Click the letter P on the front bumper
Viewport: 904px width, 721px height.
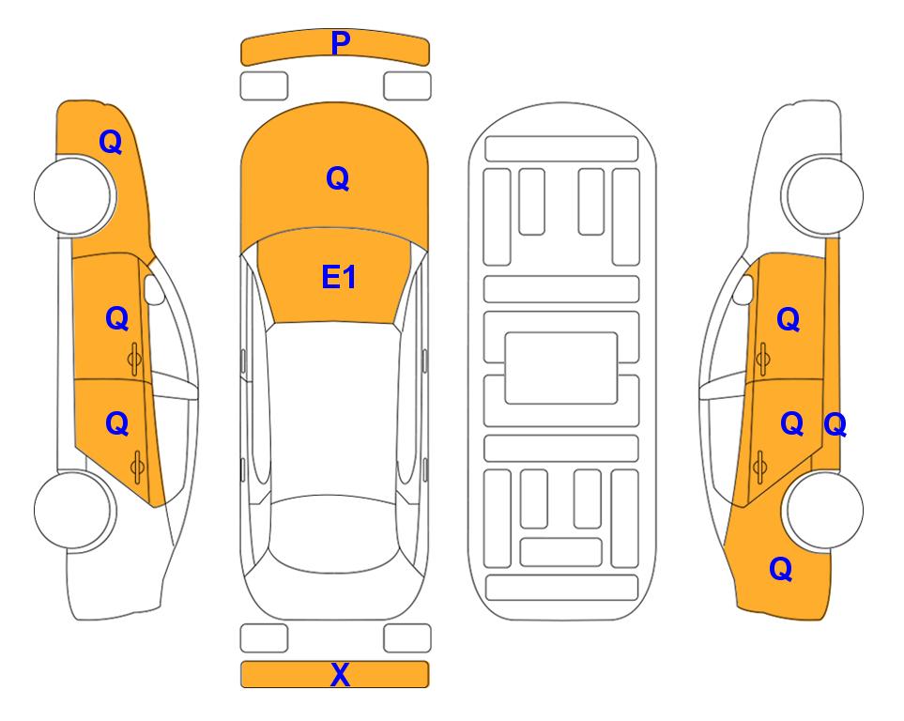(340, 43)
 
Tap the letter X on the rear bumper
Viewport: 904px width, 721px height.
(340, 674)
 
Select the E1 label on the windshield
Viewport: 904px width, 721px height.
(338, 278)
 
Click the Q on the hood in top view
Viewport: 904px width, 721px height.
(337, 178)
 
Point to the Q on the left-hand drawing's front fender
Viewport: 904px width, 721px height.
(111, 142)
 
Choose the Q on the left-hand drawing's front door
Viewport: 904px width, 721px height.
(116, 318)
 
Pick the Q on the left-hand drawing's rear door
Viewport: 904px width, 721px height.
(116, 423)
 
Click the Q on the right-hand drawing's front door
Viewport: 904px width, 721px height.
(788, 320)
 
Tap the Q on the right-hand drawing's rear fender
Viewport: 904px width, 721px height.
(780, 568)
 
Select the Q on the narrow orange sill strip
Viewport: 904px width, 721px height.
(835, 425)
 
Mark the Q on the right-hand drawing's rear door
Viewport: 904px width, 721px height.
(791, 423)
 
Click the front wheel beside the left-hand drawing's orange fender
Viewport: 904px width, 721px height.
(73, 195)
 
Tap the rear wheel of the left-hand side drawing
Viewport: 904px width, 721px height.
(73, 510)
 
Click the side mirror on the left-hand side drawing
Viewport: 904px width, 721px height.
(154, 290)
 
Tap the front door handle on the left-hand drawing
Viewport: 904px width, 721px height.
(135, 358)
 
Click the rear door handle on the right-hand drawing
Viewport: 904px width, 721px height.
(762, 463)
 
